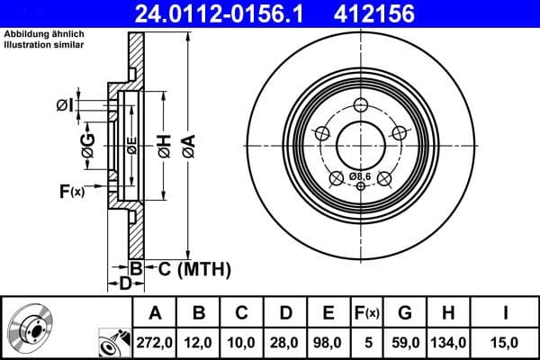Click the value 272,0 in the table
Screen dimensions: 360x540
click(155, 341)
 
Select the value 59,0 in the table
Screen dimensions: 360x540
click(405, 341)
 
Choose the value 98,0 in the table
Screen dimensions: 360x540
click(328, 341)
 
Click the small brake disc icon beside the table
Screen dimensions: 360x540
click(31, 328)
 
